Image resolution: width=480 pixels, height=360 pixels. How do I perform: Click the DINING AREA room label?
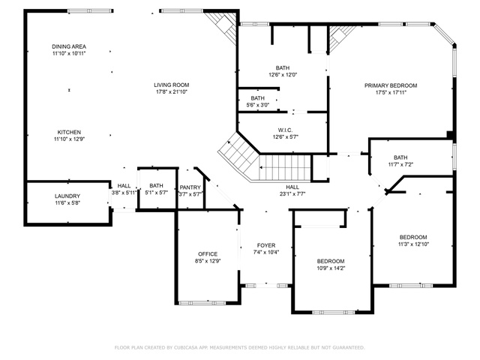(69, 46)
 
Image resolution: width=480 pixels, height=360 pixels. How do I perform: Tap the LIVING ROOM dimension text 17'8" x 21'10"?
(172, 91)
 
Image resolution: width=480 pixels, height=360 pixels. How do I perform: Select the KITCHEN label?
(69, 132)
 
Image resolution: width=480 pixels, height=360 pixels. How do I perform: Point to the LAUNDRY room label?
(67, 196)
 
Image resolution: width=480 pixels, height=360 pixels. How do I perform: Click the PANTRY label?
(190, 187)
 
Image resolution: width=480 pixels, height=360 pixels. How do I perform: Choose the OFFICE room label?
(208, 254)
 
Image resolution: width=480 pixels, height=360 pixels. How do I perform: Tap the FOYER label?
(266, 245)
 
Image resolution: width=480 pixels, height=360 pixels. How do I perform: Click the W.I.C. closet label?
(285, 130)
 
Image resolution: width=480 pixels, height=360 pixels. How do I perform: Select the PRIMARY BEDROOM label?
(391, 85)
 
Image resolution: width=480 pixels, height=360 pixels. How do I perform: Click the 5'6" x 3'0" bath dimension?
(258, 105)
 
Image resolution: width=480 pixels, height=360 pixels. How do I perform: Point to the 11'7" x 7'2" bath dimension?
(400, 164)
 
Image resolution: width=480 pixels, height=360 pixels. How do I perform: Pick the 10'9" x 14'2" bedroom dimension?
(331, 268)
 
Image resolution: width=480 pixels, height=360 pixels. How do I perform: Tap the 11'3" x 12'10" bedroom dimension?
(413, 244)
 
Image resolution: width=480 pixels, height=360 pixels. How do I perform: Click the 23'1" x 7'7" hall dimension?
(292, 193)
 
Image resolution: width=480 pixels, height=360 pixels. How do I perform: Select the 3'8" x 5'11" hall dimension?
(124, 193)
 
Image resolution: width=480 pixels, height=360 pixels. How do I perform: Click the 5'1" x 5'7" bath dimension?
(156, 193)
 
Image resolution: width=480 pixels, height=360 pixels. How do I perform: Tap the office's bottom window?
(202, 303)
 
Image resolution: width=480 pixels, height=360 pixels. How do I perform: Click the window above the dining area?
(90, 11)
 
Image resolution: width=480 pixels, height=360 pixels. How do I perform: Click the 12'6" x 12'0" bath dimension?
(283, 74)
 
